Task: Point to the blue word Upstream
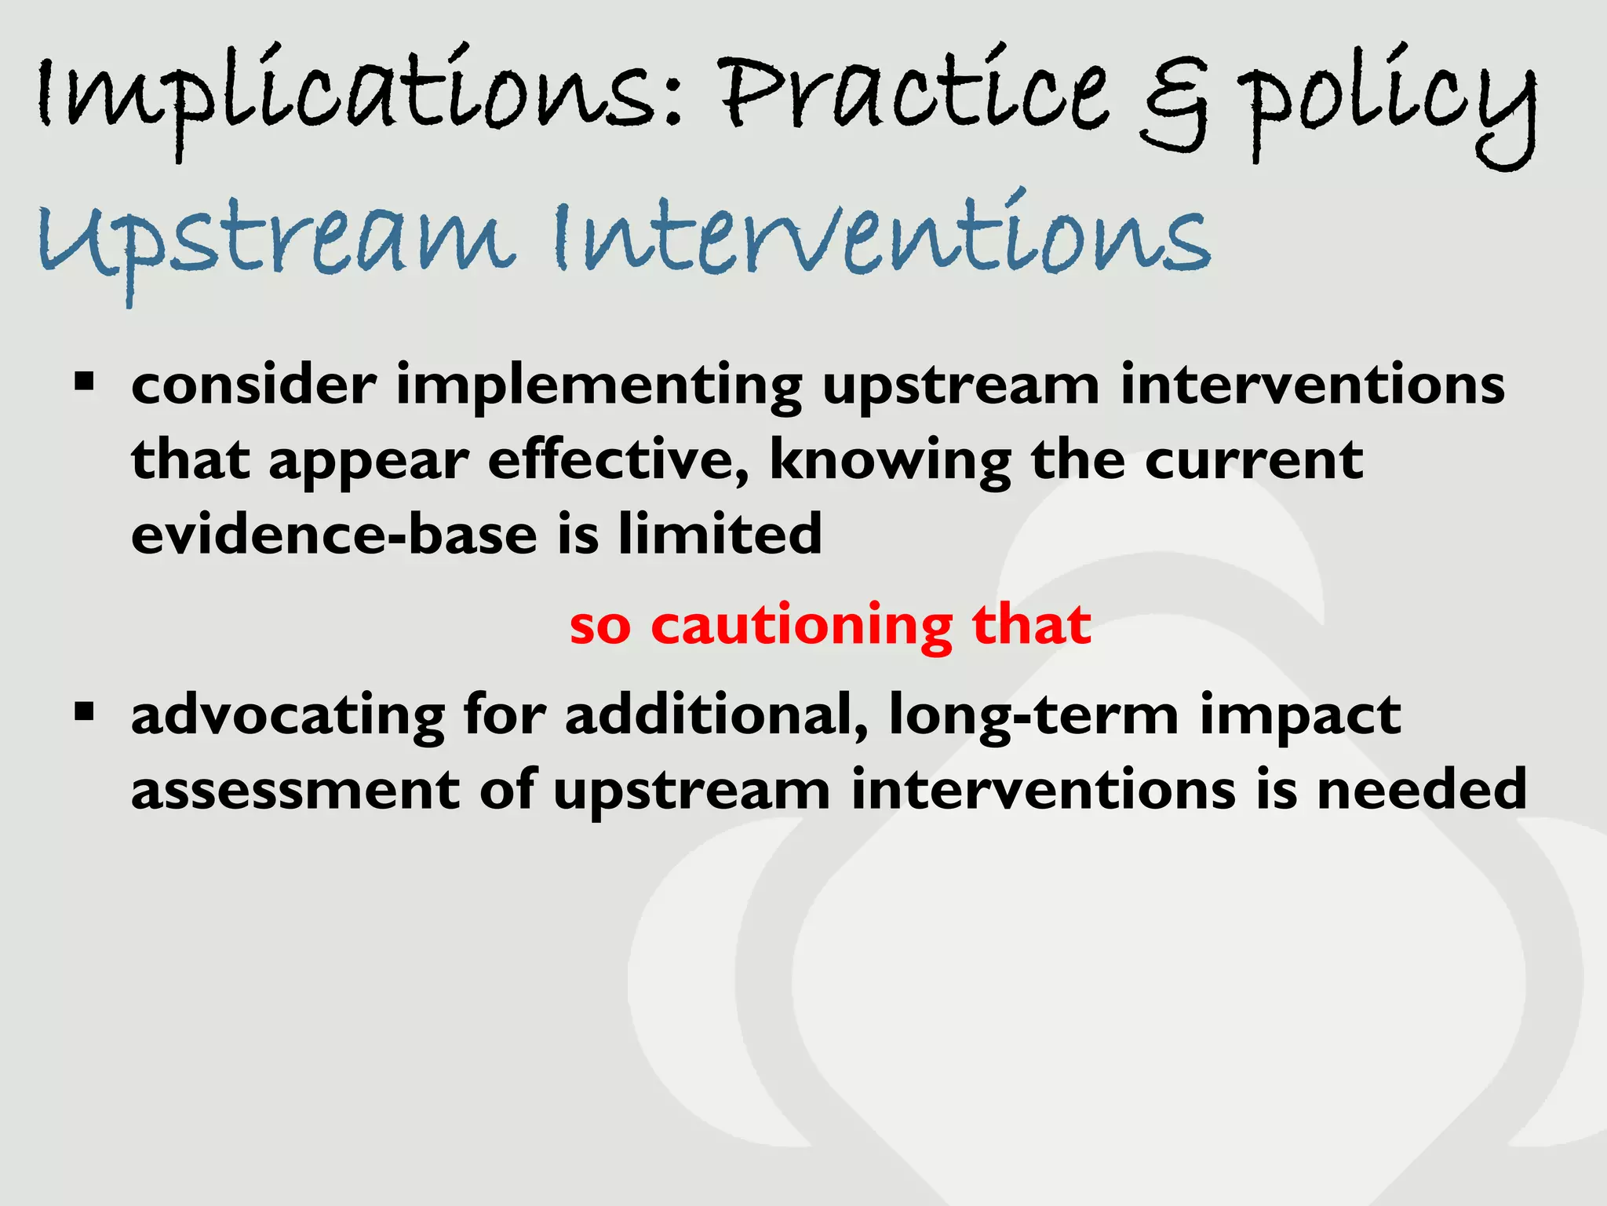click(x=275, y=239)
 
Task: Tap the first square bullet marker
click(x=84, y=383)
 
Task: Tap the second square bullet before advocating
click(x=84, y=713)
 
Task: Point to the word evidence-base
click(x=333, y=534)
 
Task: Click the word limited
click(x=720, y=534)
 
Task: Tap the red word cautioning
click(x=801, y=627)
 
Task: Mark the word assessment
click(x=294, y=790)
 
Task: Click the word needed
click(x=1421, y=790)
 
